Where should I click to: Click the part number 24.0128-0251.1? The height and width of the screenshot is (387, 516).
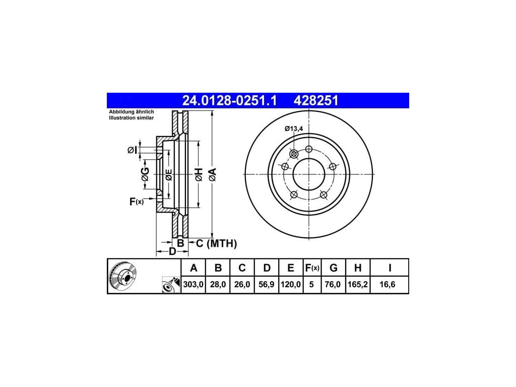(x=229, y=101)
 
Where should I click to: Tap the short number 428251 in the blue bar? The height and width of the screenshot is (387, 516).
(x=316, y=101)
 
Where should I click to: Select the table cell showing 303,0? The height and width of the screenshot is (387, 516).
(x=193, y=284)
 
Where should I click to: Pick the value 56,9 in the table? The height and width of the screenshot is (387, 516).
(x=266, y=284)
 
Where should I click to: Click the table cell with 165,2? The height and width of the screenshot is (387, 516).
(x=357, y=284)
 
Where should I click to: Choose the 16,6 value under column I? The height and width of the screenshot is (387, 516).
(x=388, y=284)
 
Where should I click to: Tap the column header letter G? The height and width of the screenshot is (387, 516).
(x=334, y=268)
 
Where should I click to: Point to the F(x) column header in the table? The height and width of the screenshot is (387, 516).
(x=312, y=268)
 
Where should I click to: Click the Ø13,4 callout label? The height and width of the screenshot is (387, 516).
(x=294, y=128)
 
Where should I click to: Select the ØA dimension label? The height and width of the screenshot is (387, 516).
(x=213, y=174)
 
